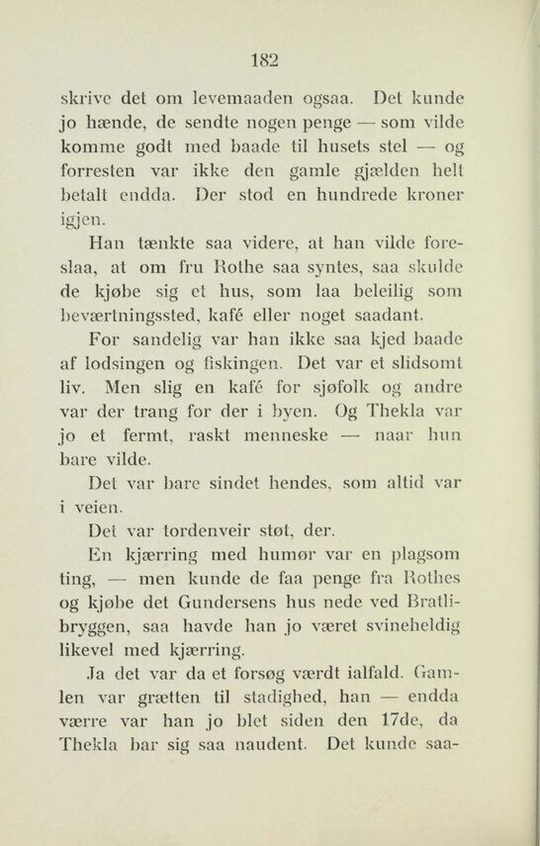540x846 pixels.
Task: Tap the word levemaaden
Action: coord(252,101)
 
